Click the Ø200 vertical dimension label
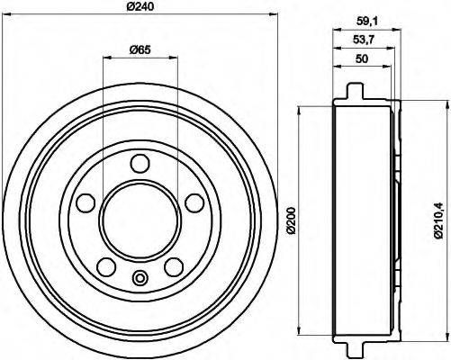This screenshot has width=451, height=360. pyautogui.click(x=291, y=219)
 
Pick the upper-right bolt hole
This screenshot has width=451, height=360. pyautogui.click(x=193, y=202)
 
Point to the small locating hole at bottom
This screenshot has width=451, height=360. pyautogui.click(x=140, y=278)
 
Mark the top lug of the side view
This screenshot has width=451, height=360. pyautogui.click(x=357, y=92)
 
